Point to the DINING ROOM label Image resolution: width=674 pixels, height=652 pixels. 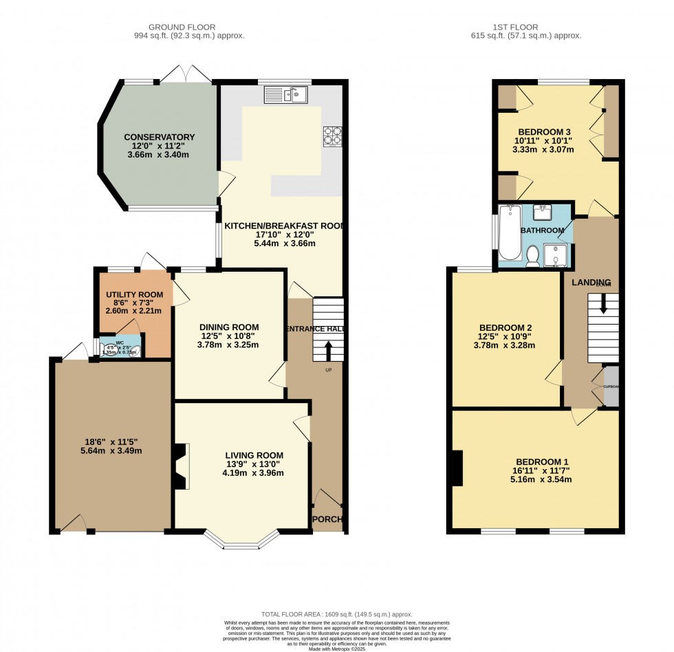pos(229,327)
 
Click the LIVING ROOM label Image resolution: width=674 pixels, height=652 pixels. pos(254,455)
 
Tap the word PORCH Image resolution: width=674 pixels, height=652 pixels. pos(328,519)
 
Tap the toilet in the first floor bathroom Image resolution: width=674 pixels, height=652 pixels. pos(532,257)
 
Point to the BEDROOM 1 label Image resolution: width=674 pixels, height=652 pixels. pos(543,461)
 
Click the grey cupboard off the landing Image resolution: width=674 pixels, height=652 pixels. pos(611,387)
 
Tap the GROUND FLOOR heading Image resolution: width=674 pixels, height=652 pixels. pos(189,27)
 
